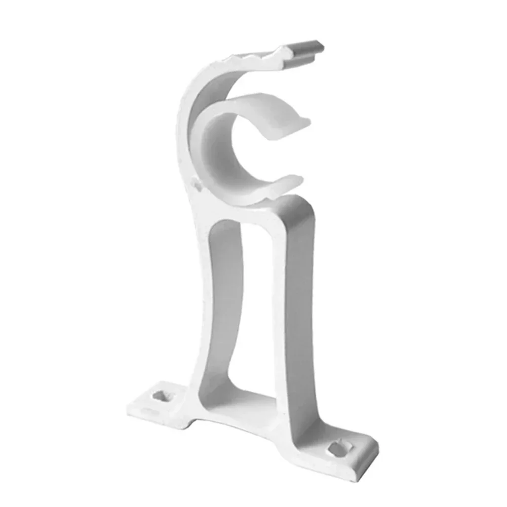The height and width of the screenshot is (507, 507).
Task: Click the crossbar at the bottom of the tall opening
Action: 253,400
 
